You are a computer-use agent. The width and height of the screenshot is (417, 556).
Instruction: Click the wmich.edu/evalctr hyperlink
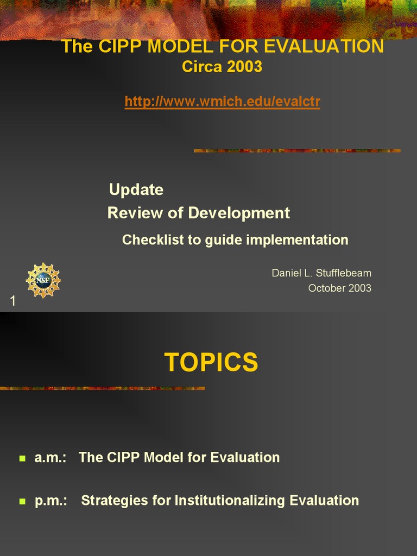tap(222, 102)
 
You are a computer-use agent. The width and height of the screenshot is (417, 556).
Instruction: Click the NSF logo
tap(43, 280)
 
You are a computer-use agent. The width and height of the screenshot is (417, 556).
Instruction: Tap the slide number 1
tap(13, 301)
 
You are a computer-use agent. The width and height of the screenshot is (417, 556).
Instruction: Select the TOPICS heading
tap(211, 362)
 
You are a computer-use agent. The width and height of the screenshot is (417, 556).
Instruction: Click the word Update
tap(136, 189)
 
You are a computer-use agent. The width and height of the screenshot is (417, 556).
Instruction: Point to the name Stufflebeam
tap(344, 273)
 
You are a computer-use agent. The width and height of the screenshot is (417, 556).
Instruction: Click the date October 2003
tap(339, 288)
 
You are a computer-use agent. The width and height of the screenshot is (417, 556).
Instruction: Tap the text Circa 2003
tap(222, 67)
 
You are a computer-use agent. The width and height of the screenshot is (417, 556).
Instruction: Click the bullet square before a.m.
tap(22, 458)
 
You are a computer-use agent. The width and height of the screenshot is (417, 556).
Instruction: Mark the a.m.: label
tap(50, 458)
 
